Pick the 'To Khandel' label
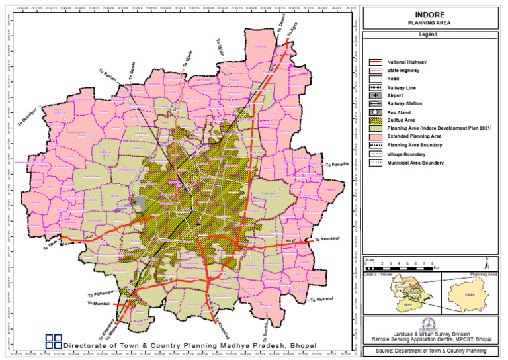coord(320,301)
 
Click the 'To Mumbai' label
coord(97,304)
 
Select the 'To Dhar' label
coord(50,246)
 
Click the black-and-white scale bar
coord(400,267)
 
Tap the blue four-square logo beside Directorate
coord(54,341)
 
